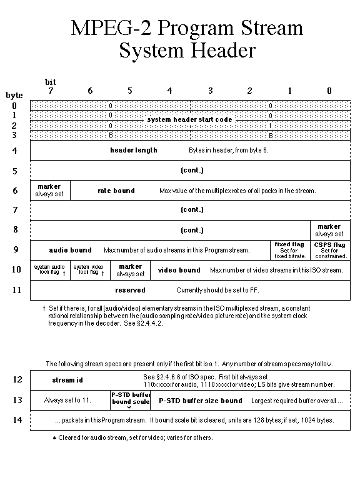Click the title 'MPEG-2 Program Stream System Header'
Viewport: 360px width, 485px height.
pyautogui.click(x=187, y=39)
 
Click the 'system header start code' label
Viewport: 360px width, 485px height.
pyautogui.click(x=189, y=119)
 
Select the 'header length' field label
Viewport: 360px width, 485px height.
pyautogui.click(x=134, y=150)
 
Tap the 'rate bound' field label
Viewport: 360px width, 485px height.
pyautogui.click(x=116, y=191)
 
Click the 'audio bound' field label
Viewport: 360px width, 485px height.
pyautogui.click(x=71, y=250)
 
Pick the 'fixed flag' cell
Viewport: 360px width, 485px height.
pyautogui.click(x=289, y=250)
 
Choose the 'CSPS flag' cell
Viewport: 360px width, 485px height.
pyautogui.click(x=329, y=250)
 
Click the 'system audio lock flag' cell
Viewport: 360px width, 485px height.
pyautogui.click(x=50, y=270)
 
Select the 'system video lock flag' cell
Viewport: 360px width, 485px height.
pyautogui.click(x=90, y=270)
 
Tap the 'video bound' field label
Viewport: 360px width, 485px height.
pyautogui.click(x=179, y=270)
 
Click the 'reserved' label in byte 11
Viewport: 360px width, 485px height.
pyautogui.click(x=130, y=290)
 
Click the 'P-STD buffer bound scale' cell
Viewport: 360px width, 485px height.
pyautogui.click(x=130, y=400)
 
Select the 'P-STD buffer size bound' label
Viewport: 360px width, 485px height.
pyautogui.click(x=200, y=400)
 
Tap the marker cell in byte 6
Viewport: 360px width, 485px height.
pyautogui.click(x=49, y=190)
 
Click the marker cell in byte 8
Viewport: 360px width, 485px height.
pyautogui.click(x=329, y=230)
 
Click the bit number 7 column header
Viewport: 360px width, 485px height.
pyautogui.click(x=51, y=91)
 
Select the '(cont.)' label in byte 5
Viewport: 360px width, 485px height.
pyautogui.click(x=191, y=170)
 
